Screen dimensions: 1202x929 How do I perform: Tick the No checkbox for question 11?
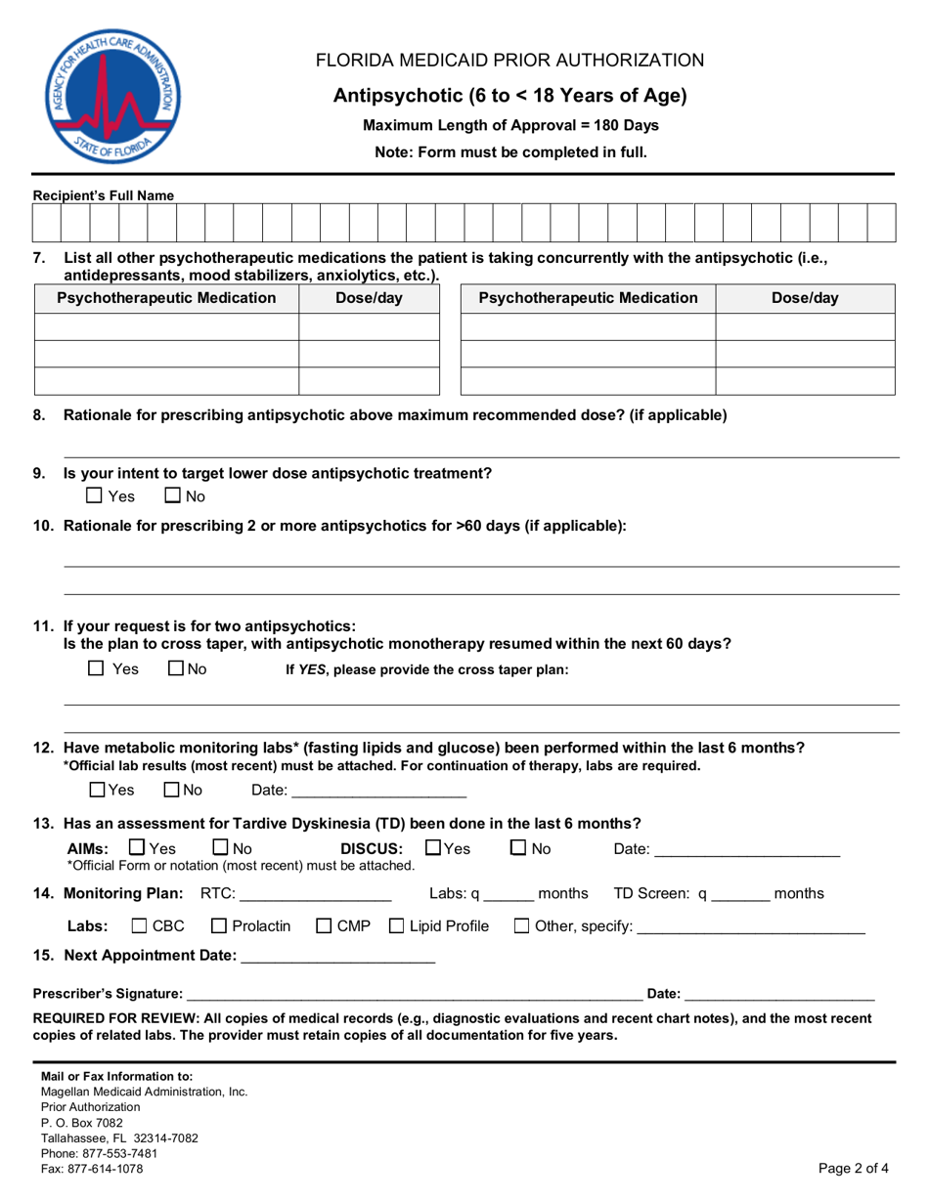177,669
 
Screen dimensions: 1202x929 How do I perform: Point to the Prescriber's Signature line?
415,995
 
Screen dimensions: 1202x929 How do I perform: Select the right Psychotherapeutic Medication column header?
588,297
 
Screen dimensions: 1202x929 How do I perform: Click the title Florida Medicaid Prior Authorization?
509,61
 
